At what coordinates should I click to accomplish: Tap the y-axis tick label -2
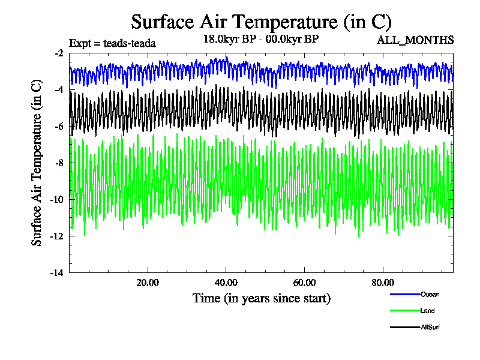click(x=59, y=53)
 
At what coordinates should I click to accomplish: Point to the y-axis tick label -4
click(x=59, y=90)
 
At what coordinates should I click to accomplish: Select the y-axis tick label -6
click(x=59, y=127)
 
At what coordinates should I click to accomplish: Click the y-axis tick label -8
click(x=59, y=163)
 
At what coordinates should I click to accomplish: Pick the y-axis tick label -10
click(x=58, y=200)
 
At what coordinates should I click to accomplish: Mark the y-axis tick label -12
click(x=58, y=236)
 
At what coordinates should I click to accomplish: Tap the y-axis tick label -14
click(x=58, y=273)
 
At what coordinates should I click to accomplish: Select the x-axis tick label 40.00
click(x=226, y=283)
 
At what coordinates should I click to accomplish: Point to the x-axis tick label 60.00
click(x=305, y=283)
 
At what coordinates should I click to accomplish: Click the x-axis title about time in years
click(x=261, y=298)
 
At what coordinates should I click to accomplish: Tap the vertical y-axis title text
click(x=37, y=163)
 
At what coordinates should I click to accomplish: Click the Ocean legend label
click(x=430, y=294)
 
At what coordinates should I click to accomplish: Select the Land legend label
click(x=428, y=311)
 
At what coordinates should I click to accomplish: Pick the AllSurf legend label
click(x=431, y=327)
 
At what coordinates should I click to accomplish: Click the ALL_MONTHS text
click(x=415, y=41)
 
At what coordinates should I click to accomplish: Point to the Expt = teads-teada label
click(x=113, y=43)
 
